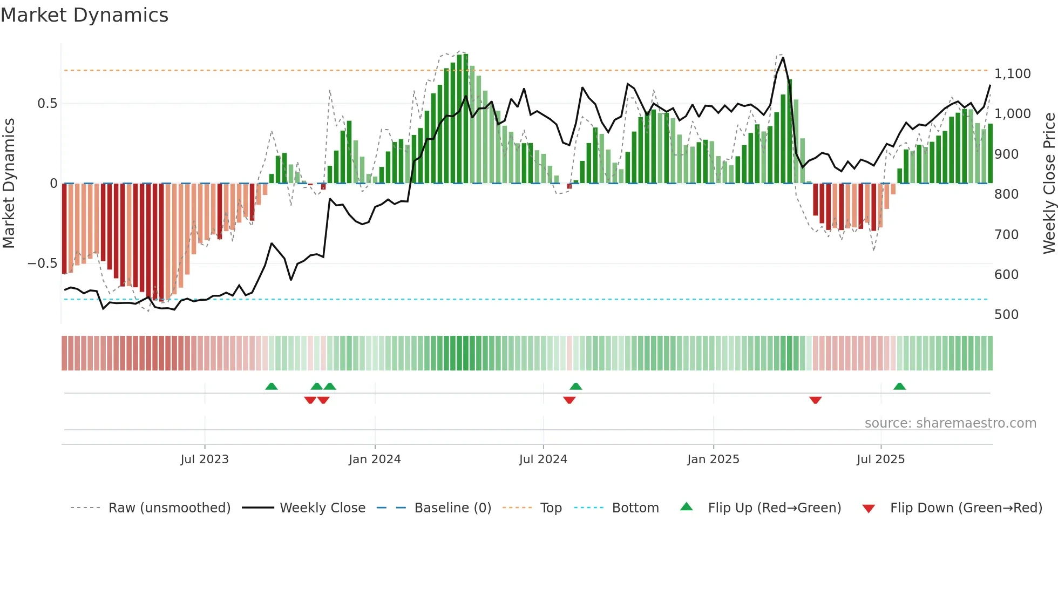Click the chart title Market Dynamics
(x=85, y=15)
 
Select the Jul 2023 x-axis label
(x=205, y=459)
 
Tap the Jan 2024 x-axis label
(x=375, y=459)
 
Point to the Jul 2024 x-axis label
(x=543, y=459)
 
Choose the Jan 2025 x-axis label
(x=713, y=459)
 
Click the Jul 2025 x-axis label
(x=880, y=459)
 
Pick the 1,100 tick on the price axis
(x=1012, y=74)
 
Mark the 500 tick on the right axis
(x=1006, y=315)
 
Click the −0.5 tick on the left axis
(x=42, y=263)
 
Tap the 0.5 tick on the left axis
(x=47, y=104)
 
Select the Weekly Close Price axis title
(x=1049, y=184)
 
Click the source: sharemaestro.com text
(x=950, y=423)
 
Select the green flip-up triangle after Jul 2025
(x=899, y=387)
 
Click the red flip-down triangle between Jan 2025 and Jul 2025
(x=815, y=400)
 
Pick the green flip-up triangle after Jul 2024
(x=575, y=387)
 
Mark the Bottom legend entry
(x=635, y=508)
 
